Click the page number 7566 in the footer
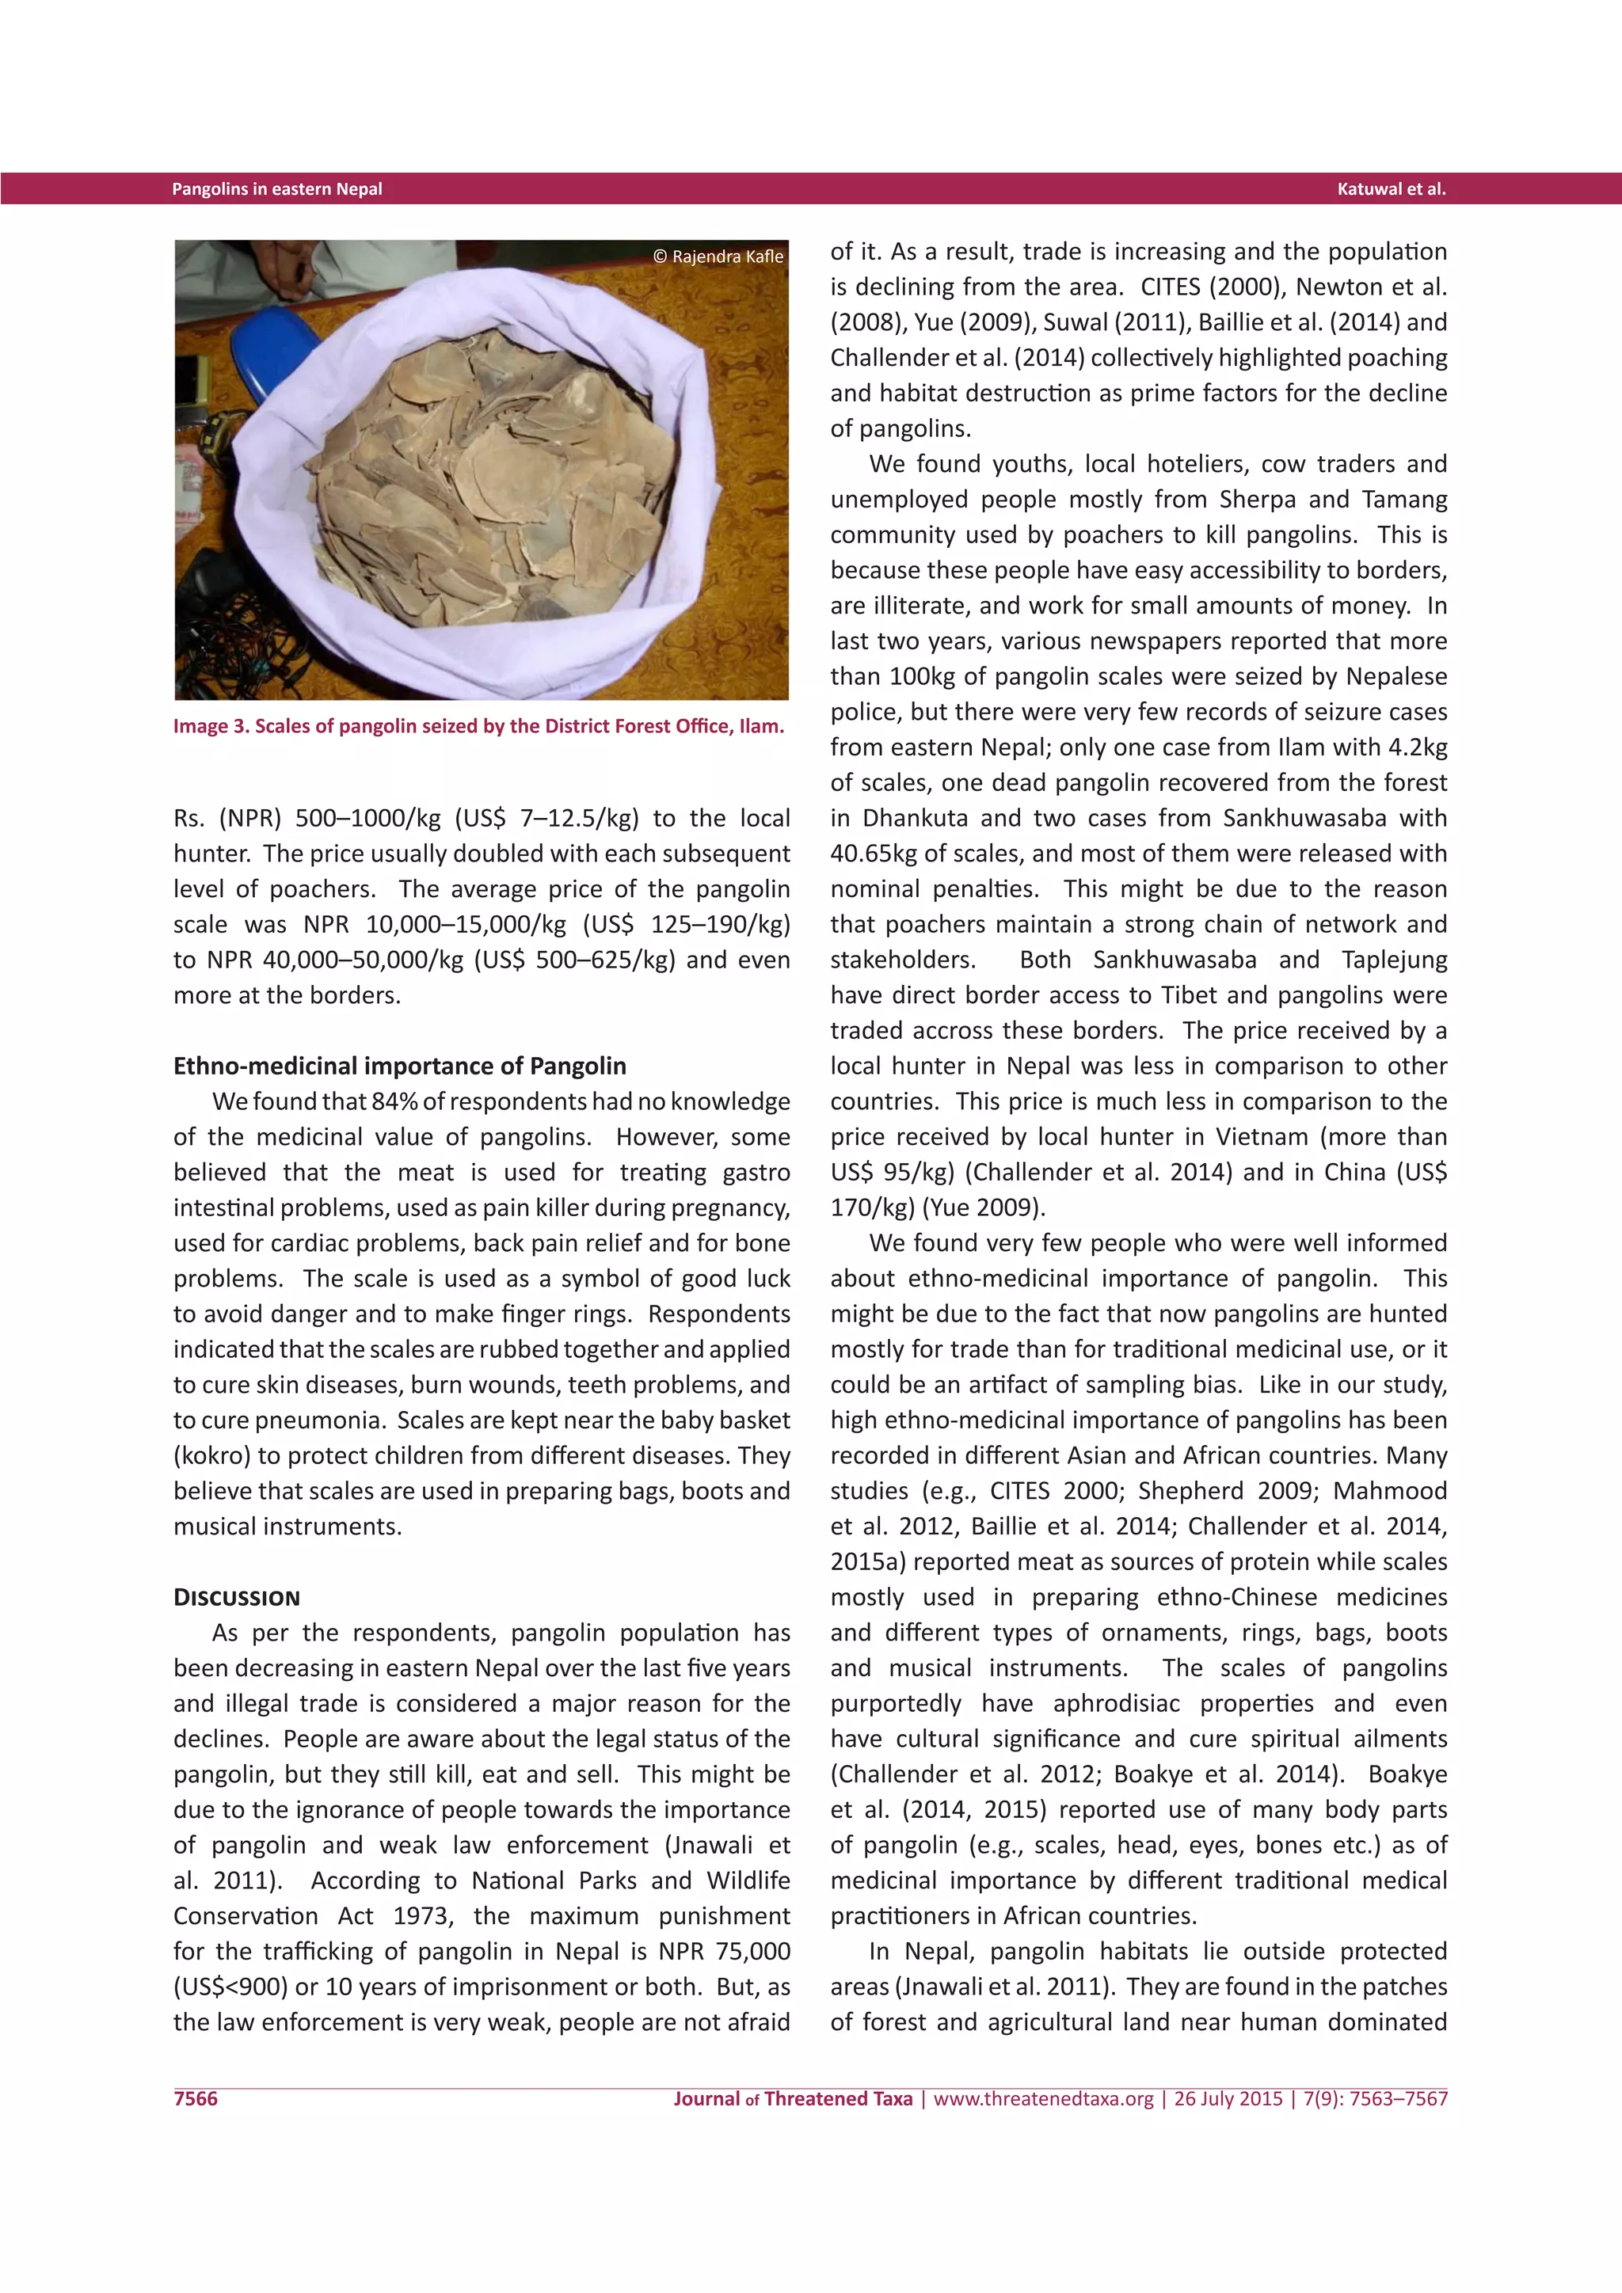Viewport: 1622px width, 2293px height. tap(196, 2098)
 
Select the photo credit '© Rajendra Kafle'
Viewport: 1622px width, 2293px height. tap(718, 257)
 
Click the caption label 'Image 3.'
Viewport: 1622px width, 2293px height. tap(211, 726)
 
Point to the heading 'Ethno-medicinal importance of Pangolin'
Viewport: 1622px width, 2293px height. tap(399, 1066)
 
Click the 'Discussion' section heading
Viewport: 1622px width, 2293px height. tap(237, 1597)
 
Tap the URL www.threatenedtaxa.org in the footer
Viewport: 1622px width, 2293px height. tap(1043, 2098)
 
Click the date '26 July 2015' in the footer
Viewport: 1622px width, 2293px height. tap(1228, 2098)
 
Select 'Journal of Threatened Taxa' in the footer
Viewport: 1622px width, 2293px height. tap(792, 2098)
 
